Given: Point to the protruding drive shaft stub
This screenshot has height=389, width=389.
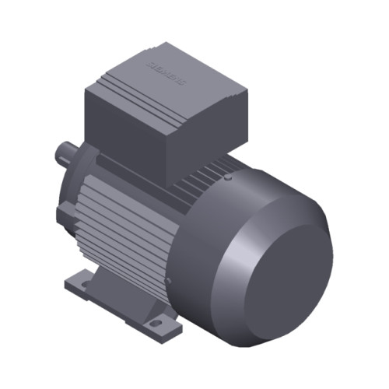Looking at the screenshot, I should (x=66, y=152).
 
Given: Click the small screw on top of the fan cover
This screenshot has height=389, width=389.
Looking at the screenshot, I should (x=226, y=177).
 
